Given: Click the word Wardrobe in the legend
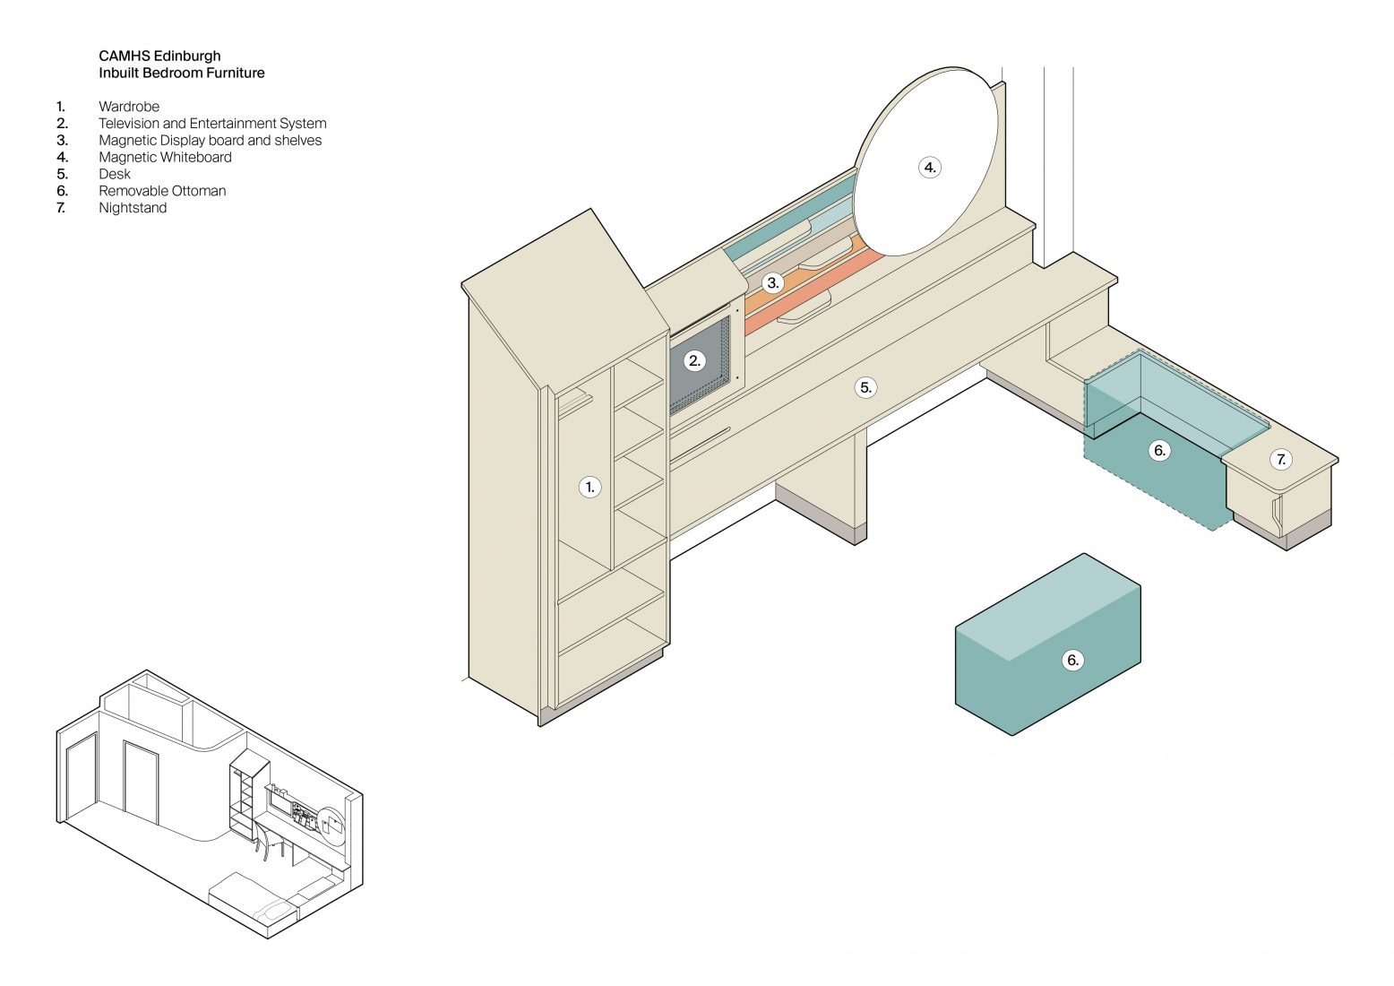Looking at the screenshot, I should [x=129, y=107].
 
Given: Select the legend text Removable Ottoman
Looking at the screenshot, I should [x=162, y=191].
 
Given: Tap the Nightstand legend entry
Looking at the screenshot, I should [x=133, y=208].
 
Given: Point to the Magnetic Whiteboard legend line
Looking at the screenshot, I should [x=165, y=157].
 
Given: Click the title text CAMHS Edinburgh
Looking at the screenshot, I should [x=159, y=56].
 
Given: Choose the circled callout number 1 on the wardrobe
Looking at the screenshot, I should [x=589, y=488].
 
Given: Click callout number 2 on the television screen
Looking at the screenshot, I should [x=694, y=361].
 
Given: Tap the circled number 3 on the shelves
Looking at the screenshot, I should [x=773, y=283].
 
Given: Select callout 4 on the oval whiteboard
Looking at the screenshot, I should [x=930, y=168].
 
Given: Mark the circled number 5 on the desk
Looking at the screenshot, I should [x=865, y=387].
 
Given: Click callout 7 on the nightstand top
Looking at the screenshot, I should [x=1281, y=460].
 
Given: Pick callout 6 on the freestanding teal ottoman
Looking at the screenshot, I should [x=1072, y=661].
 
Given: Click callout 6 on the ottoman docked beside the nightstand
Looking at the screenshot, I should [x=1159, y=450].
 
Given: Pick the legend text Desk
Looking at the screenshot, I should [x=115, y=174].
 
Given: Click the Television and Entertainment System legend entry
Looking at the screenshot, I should [x=212, y=124].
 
